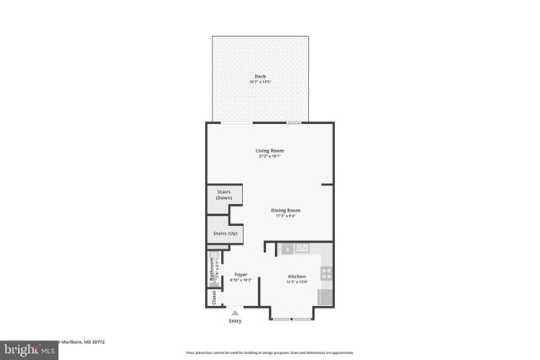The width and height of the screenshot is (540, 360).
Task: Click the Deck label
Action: pos(259,77)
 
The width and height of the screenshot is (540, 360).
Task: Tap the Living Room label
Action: pos(270,151)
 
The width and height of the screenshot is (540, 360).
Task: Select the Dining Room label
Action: pos(285,210)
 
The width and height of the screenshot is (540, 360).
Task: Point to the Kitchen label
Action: pos(297,276)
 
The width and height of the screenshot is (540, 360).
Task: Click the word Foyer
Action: pos(240,275)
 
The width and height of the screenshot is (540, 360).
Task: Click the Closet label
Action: pos(213,297)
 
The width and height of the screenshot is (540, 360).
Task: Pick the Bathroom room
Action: pos(213,270)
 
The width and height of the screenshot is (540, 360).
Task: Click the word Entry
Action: pos(235,321)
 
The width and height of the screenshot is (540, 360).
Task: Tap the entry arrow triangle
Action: pos(235,312)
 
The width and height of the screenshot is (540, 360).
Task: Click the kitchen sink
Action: pos(302,248)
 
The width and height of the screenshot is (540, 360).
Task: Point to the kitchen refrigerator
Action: pos(327,298)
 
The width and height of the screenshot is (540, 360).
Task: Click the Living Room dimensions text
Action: pos(270,156)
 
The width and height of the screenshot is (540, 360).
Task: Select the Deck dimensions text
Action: pos(259,82)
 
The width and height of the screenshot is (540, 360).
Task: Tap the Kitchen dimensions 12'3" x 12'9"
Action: pos(297,281)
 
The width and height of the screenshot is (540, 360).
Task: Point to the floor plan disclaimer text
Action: pos(270,352)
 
